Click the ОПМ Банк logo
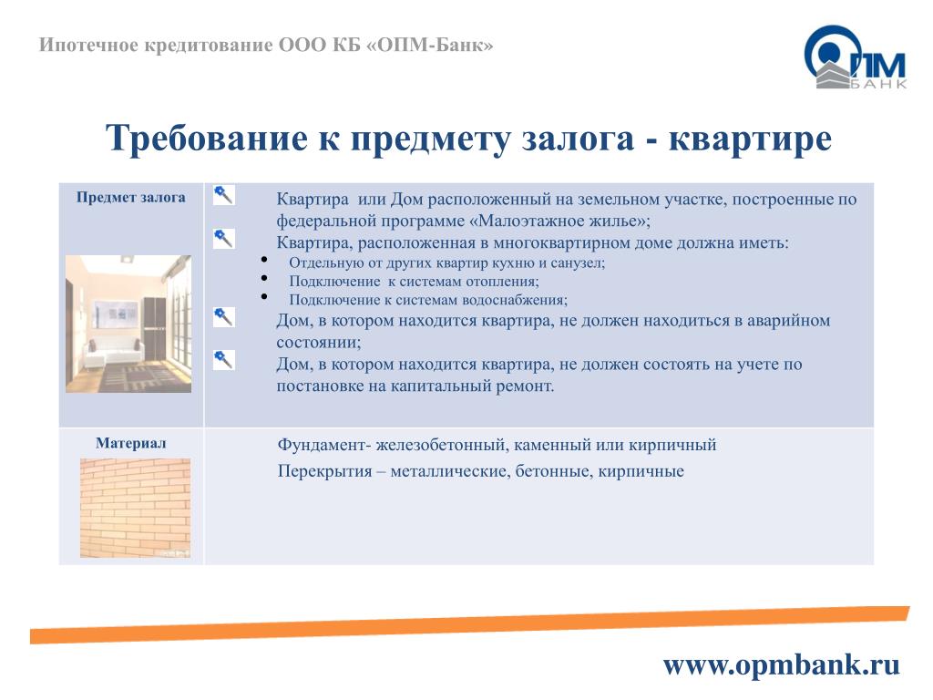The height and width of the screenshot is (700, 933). (x=855, y=57)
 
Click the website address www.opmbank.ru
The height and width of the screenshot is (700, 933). (x=781, y=664)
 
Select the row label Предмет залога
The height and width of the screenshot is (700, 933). (x=131, y=198)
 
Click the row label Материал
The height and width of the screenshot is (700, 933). (x=131, y=444)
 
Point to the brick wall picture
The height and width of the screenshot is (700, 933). (x=136, y=508)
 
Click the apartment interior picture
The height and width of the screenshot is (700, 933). (x=128, y=324)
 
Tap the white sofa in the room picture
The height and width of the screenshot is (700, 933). (x=111, y=352)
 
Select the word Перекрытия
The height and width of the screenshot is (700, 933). (x=325, y=471)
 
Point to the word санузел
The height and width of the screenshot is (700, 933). (x=576, y=263)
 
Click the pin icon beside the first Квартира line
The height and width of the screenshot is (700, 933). (x=224, y=194)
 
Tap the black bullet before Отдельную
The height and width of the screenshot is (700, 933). (x=263, y=260)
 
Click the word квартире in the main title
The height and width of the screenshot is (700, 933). (x=750, y=139)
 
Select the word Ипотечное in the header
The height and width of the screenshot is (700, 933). (x=88, y=46)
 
